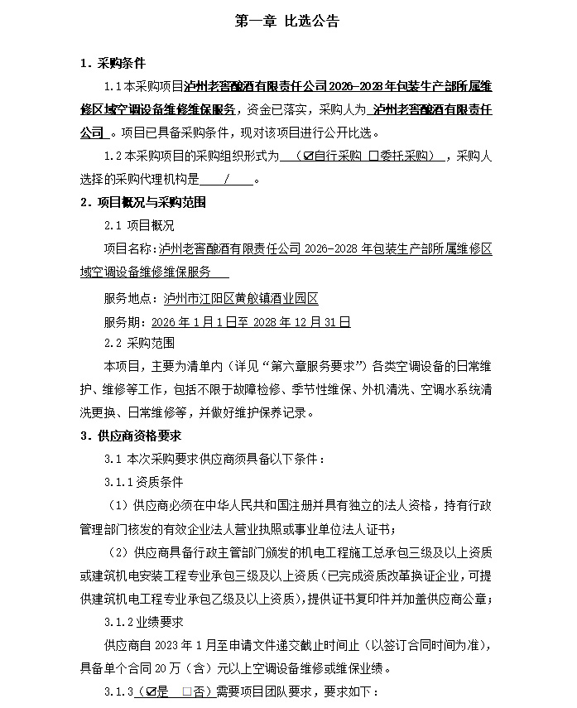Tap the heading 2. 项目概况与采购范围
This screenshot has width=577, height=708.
(x=142, y=202)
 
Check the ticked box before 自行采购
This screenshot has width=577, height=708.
(x=309, y=156)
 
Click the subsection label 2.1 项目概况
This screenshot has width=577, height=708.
(x=139, y=225)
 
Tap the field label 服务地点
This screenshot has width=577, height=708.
(x=129, y=298)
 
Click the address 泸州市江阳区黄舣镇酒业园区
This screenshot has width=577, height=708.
(x=242, y=298)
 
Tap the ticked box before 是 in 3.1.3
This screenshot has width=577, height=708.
(x=151, y=691)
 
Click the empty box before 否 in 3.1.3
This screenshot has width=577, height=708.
(x=187, y=691)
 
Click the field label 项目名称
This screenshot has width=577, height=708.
(x=129, y=248)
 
